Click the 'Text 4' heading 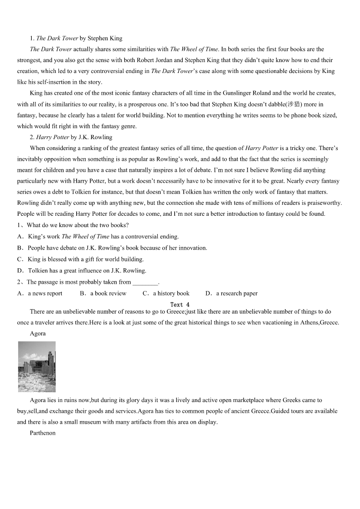point(180,305)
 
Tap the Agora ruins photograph point(37,367)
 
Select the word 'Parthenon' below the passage point(43,433)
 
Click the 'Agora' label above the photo point(38,333)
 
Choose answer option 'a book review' point(108,293)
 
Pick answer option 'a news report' point(45,293)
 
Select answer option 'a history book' point(171,293)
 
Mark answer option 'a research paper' point(237,293)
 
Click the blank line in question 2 point(145,282)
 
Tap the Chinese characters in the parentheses point(294,104)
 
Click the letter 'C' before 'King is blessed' point(20,259)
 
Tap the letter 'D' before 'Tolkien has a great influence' point(20,271)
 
